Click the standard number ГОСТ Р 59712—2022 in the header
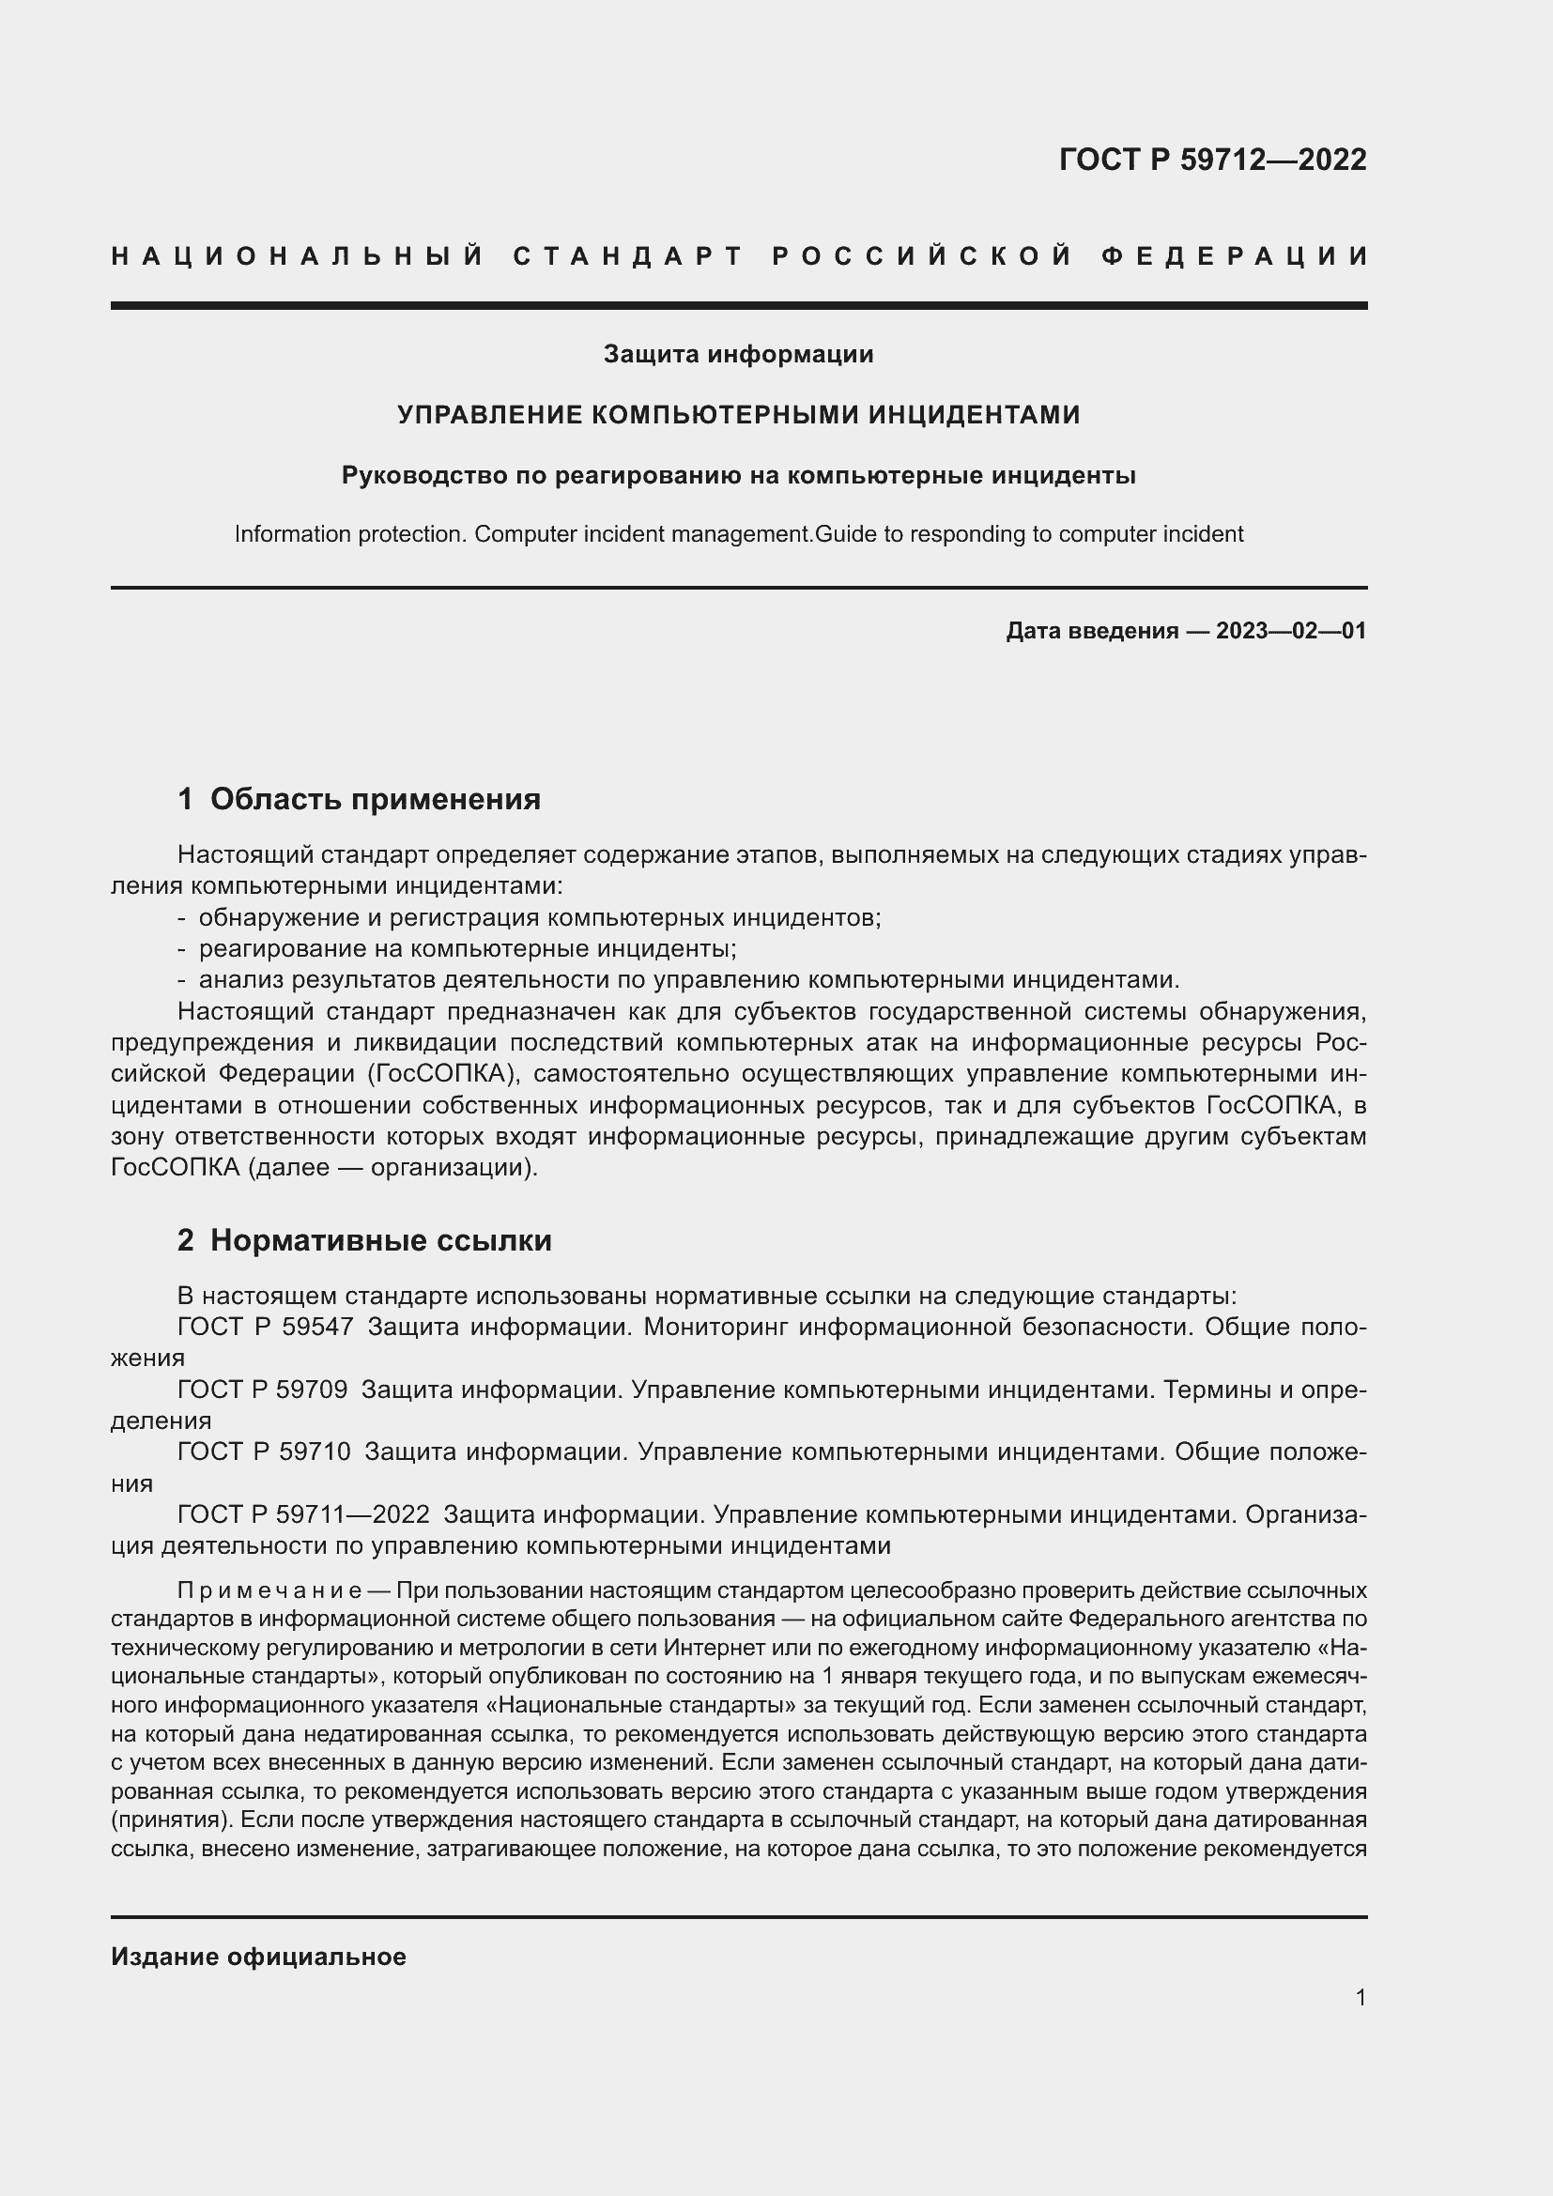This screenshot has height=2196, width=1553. (1211, 160)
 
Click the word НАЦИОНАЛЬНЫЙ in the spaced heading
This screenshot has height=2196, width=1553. (298, 256)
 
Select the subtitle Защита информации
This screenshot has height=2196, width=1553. (738, 355)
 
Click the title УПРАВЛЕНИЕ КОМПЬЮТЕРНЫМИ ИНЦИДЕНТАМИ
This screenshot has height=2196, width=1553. (738, 415)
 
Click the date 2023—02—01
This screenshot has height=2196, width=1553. (1291, 631)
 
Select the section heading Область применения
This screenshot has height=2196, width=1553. (375, 800)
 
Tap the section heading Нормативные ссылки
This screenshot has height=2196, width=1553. (380, 1241)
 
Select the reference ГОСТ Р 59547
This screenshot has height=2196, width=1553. (265, 1328)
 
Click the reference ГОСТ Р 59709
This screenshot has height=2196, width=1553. (262, 1390)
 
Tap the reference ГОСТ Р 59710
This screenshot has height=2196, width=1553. (264, 1451)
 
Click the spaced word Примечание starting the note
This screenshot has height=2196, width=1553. (269, 1590)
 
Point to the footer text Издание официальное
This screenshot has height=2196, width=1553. (258, 1957)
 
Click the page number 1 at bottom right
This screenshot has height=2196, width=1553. (1360, 1998)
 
